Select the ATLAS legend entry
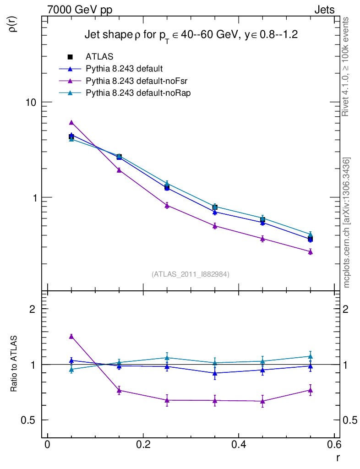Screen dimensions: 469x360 [x=99, y=57]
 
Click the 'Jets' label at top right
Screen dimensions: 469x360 [x=324, y=9]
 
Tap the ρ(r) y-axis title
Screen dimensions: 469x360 [x=14, y=24]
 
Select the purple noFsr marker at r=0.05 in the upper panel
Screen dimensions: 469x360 [x=71, y=122]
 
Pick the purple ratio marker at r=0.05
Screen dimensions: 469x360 [x=71, y=336]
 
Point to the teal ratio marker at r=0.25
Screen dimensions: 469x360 [x=167, y=357]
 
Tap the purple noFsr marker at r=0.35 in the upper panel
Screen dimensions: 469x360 [x=215, y=225]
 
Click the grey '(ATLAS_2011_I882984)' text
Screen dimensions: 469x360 [x=191, y=274]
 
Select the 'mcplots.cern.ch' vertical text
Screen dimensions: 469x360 [x=347, y=223]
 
